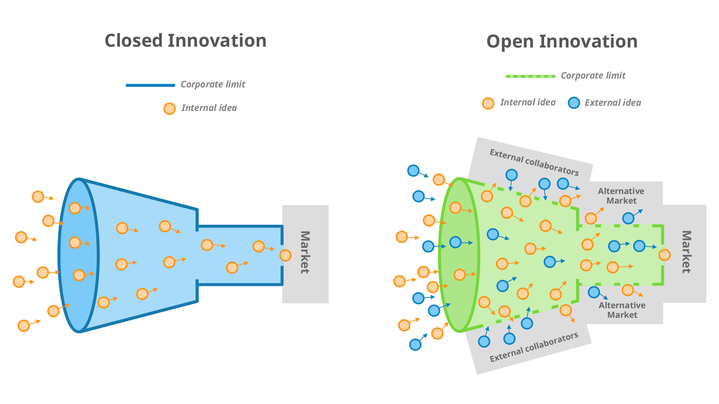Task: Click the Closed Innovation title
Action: point(185,41)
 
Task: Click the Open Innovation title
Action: point(562,42)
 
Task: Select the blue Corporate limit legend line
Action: point(150,85)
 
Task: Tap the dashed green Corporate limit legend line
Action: point(530,76)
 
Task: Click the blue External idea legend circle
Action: point(574,103)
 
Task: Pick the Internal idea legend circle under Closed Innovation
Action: point(169,109)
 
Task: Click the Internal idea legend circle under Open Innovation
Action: point(488,103)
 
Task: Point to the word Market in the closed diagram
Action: point(305,252)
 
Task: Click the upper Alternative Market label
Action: point(621,196)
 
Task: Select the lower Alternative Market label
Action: point(622,310)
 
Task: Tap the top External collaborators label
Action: point(534,162)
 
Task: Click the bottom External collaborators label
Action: point(534,347)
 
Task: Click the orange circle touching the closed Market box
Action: point(285,255)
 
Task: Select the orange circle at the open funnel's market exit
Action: point(664,255)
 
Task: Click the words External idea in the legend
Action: point(613,103)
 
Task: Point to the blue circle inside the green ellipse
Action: point(455,242)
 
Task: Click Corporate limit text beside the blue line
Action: point(213,85)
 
